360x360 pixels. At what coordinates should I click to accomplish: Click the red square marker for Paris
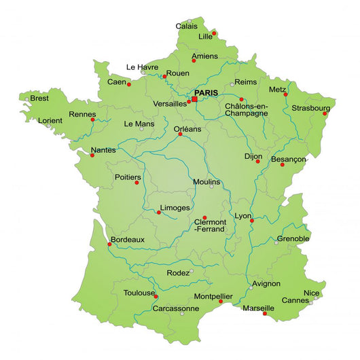pos(194,99)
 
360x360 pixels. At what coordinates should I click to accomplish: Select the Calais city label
pos(187,26)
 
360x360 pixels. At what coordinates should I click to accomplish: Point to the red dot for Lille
pos(213,33)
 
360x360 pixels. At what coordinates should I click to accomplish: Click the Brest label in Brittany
pos(40,98)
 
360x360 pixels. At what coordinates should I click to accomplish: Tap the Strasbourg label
pos(310,108)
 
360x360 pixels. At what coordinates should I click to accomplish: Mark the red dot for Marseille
pos(265,313)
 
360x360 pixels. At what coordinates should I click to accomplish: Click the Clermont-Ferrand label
pos(211,226)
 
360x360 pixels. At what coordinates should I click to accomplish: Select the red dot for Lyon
pos(252,220)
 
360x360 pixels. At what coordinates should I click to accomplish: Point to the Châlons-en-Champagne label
pos(246,109)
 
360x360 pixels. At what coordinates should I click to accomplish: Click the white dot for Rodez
pos(192,272)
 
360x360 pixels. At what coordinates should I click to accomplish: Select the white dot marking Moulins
pos(211,187)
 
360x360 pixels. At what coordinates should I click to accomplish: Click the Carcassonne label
pos(176,308)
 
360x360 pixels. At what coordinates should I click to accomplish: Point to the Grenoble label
pos(293,238)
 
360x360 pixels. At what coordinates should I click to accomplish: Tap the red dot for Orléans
pos(181,134)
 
